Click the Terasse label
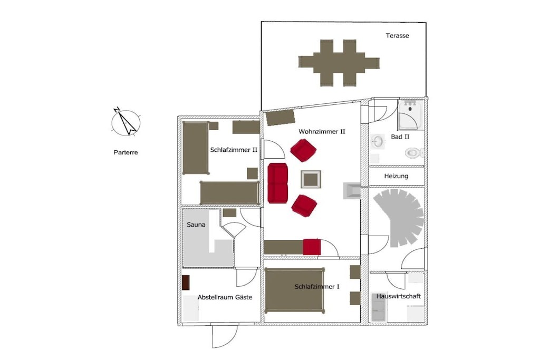pyautogui.click(x=398, y=35)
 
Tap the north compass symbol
pyautogui.click(x=126, y=122)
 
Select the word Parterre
pyautogui.click(x=126, y=152)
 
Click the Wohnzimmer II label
pyautogui.click(x=322, y=131)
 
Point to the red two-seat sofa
pyautogui.click(x=277, y=183)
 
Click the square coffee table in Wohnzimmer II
pyautogui.click(x=311, y=179)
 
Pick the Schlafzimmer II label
pyautogui.click(x=234, y=150)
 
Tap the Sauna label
pyautogui.click(x=196, y=225)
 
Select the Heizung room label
pyautogui.click(x=396, y=176)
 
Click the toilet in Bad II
pyautogui.click(x=414, y=152)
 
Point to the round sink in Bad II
pyautogui.click(x=378, y=141)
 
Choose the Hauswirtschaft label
pyautogui.click(x=399, y=296)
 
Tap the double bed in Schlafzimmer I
pyautogui.click(x=294, y=290)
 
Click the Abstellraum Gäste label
pyautogui.click(x=225, y=297)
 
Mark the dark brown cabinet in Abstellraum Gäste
pyautogui.click(x=186, y=283)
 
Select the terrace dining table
pyautogui.click(x=339, y=63)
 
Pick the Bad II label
pyautogui.click(x=400, y=137)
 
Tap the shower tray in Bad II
pyautogui.click(x=410, y=114)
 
